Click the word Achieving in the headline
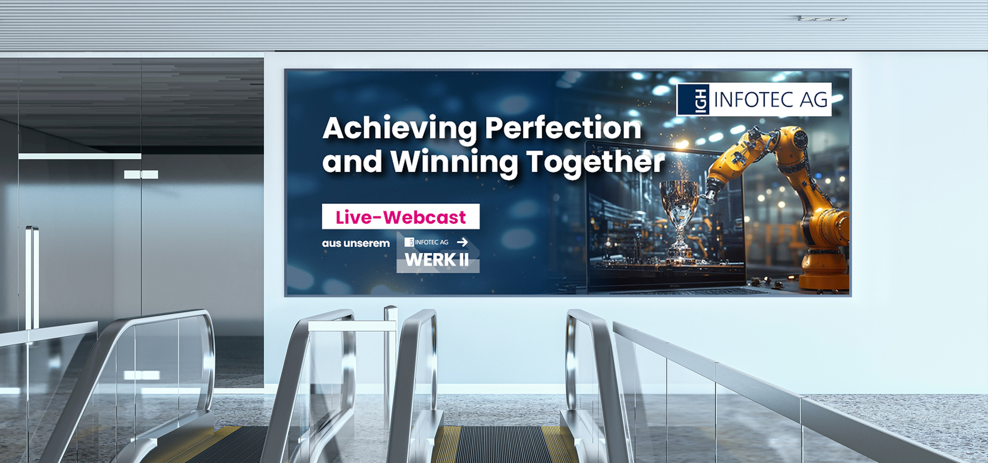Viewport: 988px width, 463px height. pos(400,129)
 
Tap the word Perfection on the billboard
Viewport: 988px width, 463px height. pos(563,127)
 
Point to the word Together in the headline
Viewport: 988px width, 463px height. pos(595,163)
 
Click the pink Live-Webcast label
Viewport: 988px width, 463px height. pos(401,217)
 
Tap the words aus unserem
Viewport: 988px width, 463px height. pos(356,243)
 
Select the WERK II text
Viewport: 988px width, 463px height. pos(437,260)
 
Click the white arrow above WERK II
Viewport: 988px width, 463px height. pos(462,242)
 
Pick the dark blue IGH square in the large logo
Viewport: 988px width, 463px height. pos(694,99)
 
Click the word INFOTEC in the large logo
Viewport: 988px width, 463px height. pos(754,100)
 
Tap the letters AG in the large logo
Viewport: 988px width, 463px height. pos(814,100)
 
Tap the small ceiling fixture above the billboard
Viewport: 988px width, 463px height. pos(822,19)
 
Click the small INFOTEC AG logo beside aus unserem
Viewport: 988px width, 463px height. pos(427,242)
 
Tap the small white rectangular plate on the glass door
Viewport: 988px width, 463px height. pos(141,174)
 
